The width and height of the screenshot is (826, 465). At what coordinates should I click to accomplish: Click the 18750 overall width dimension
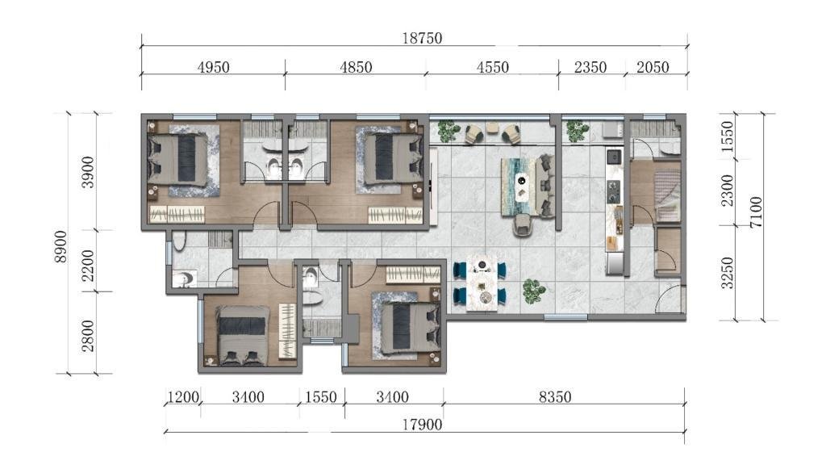(422, 38)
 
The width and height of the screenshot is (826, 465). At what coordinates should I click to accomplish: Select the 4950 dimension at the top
(213, 67)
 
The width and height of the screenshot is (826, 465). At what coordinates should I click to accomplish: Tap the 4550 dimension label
(493, 67)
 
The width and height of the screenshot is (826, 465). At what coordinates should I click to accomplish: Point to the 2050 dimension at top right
(652, 67)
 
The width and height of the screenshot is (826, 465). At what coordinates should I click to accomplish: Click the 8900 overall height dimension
(61, 246)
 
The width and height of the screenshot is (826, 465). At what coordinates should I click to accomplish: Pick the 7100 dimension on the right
(756, 212)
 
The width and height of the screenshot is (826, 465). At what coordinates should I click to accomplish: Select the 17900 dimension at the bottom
(422, 425)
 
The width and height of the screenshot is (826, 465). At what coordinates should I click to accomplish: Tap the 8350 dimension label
(555, 396)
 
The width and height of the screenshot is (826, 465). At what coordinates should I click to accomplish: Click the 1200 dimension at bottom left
(183, 396)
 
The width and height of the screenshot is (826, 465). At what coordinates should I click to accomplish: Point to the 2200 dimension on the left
(88, 266)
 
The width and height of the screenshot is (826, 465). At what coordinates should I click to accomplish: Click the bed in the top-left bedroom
(178, 159)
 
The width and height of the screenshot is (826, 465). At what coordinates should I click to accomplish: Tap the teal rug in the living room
(519, 186)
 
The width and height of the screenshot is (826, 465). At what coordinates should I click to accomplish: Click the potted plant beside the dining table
(534, 291)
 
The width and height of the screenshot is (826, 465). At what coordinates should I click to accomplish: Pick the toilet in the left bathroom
(179, 241)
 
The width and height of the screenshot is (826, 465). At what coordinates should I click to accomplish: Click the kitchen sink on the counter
(614, 157)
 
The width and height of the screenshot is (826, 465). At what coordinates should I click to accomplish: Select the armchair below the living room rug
(523, 226)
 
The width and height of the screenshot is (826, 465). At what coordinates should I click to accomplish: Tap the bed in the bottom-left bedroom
(243, 336)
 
